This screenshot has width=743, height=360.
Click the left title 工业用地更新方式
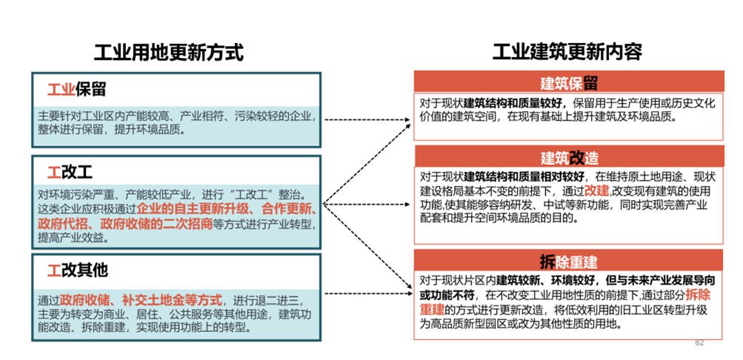[x=169, y=52]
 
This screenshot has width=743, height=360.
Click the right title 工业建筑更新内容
[x=567, y=52]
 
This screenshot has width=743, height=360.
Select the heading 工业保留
[x=76, y=90]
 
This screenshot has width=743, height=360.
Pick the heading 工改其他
[x=77, y=270]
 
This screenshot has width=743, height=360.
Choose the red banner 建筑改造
[x=569, y=157]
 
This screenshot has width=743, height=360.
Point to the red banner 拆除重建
[x=569, y=261]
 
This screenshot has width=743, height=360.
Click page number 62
[x=699, y=342]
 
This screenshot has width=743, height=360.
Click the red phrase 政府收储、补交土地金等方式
[x=141, y=300]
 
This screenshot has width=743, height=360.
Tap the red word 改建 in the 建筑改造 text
[x=596, y=191]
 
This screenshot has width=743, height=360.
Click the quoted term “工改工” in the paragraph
[x=247, y=195]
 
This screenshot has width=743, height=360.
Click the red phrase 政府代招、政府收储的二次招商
[x=125, y=224]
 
